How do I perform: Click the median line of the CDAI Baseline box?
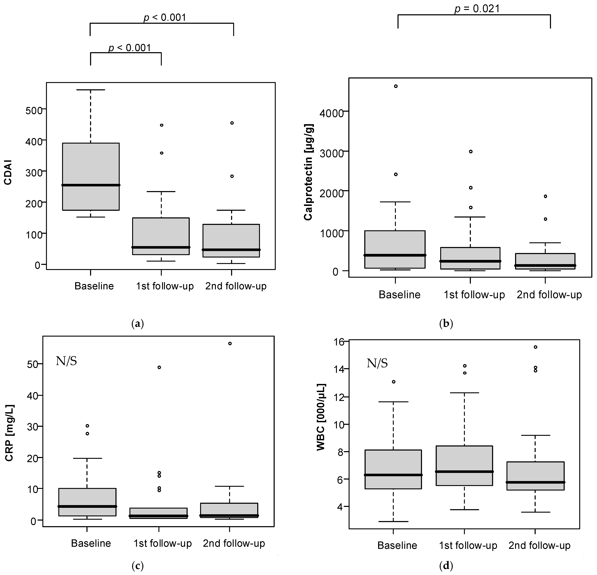click(91, 185)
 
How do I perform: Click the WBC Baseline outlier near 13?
click(394, 382)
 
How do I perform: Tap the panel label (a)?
click(137, 324)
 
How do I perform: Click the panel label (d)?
click(446, 566)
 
